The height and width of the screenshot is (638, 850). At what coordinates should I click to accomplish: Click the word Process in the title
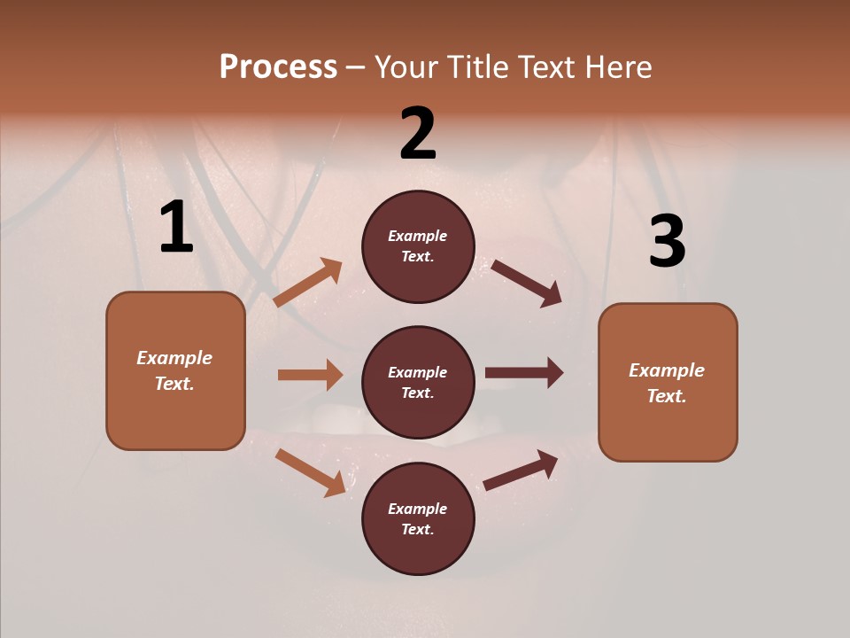278,67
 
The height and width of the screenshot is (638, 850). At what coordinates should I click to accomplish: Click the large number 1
176,228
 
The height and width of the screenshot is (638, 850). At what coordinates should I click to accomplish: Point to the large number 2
418,134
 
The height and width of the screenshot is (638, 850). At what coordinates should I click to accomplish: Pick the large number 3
667,242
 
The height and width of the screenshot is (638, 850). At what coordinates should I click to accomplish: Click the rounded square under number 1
175,370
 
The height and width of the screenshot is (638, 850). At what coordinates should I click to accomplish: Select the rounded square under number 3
668,383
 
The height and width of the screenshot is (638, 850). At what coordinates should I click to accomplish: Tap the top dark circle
418,246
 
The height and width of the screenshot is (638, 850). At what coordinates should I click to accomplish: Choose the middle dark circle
418,383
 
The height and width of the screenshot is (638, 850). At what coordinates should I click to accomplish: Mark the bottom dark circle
418,519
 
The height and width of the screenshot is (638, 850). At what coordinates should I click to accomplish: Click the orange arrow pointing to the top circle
308,283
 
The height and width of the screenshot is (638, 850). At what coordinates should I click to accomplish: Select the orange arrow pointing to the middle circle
310,375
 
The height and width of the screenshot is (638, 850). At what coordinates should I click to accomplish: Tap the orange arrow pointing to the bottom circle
311,472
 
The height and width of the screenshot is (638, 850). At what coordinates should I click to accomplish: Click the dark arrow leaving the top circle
527,283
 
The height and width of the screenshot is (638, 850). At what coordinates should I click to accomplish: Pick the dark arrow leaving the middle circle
524,373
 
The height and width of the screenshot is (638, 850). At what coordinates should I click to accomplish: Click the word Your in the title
408,67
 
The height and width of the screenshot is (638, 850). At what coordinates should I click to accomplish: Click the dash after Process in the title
356,67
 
